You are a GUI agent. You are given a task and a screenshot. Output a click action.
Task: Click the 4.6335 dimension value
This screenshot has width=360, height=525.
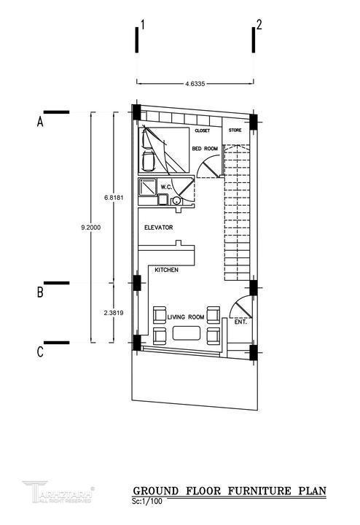click(195, 84)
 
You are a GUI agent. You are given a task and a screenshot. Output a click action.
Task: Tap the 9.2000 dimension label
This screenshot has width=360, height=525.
click(90, 227)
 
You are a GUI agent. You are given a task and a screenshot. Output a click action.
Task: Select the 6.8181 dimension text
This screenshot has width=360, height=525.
click(114, 198)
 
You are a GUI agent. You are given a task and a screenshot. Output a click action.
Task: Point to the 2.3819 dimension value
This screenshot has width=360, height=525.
click(114, 313)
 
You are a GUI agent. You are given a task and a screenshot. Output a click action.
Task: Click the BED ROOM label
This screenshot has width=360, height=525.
click(205, 148)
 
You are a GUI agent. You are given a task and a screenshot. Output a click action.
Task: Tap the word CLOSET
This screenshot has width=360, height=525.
click(203, 131)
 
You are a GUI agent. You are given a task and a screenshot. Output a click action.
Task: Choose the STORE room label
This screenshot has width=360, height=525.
click(235, 130)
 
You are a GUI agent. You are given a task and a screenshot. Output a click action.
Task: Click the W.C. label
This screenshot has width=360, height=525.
click(166, 187)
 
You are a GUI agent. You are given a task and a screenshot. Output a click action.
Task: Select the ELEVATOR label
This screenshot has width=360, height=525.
click(159, 227)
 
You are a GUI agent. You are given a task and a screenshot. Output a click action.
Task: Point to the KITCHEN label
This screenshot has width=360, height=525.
click(167, 270)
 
